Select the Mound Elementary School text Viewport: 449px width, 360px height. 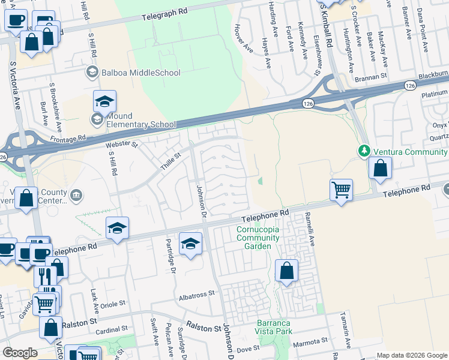click(139, 119)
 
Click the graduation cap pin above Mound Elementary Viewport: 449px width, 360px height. click(104, 102)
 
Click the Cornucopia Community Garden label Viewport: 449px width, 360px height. click(258, 238)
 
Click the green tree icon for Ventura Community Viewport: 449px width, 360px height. click(363, 150)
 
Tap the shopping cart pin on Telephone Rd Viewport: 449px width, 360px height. click(341, 191)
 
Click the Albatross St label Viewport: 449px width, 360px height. click(196, 295)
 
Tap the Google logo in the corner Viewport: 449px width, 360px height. click(19, 353)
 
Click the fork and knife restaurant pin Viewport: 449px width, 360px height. click(45, 276)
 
